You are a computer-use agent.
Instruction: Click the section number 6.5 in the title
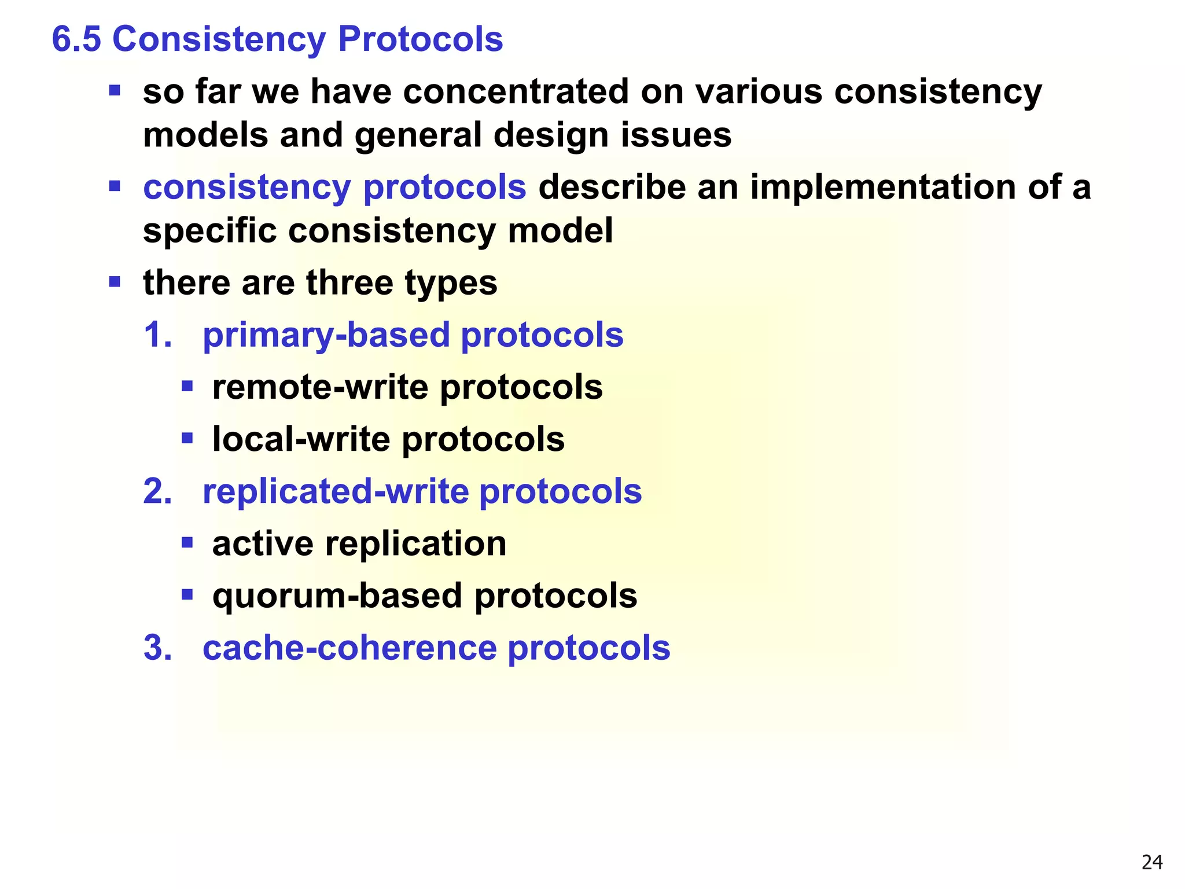[x=76, y=39]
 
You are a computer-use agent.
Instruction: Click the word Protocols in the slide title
[x=420, y=39]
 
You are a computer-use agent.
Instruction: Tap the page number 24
[x=1152, y=862]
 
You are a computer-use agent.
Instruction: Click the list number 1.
[x=157, y=335]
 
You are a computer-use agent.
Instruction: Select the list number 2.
[x=157, y=491]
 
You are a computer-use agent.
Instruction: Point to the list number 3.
[x=157, y=647]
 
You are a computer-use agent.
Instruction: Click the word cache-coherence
[x=349, y=647]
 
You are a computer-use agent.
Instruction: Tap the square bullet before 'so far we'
[x=115, y=90]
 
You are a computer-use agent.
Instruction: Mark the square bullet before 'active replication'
[x=187, y=542]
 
